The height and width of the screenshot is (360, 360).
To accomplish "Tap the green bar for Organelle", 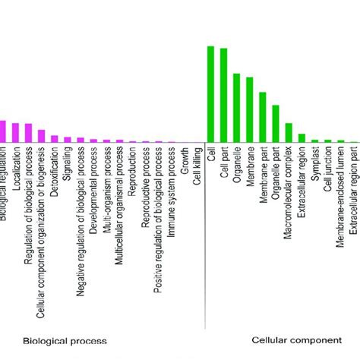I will (236, 107).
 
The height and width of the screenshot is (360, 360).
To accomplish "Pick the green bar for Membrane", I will (249, 109).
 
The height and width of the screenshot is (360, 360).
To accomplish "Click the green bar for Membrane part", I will (263, 117).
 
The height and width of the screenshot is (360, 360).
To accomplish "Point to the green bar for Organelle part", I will (276, 123).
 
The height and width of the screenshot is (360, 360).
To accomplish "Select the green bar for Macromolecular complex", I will (289, 132).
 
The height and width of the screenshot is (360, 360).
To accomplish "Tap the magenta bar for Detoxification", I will (54, 138).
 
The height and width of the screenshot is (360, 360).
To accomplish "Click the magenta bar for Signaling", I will (68, 139).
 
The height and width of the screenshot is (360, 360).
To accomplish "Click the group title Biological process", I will (65, 341).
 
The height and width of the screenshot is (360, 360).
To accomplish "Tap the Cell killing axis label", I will (197, 166).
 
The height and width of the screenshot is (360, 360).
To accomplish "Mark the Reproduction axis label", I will (132, 170).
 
